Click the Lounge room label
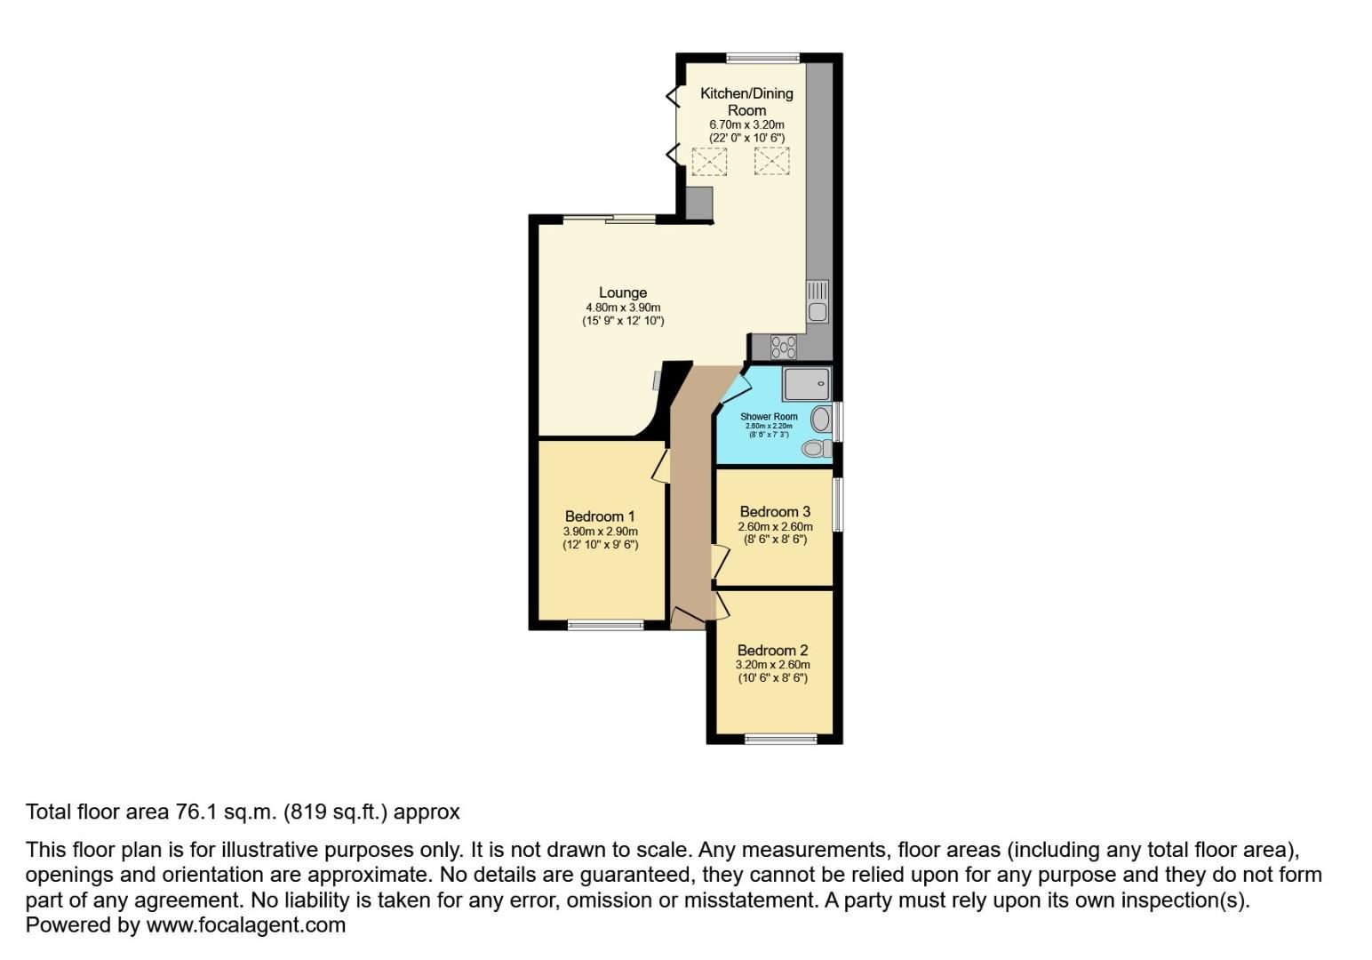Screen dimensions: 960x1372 pos(622,292)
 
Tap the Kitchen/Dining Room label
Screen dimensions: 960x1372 pos(746,101)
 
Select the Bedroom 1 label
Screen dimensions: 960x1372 pos(600,516)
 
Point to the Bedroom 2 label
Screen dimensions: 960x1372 pos(772,650)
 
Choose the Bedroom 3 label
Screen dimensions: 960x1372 pos(775,512)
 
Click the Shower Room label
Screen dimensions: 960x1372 pos(769,416)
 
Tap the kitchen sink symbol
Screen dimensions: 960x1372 pos(818,301)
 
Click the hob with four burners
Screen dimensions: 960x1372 pos(783,346)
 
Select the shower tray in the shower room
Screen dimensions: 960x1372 pos(806,384)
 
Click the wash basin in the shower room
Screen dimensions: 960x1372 pos(822,419)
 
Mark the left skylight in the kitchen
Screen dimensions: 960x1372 pos(709,162)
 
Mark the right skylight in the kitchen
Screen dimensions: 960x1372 pos(771,161)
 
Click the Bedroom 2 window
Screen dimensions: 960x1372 pos(780,738)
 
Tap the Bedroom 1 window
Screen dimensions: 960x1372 pos(605,625)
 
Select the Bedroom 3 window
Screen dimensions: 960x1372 pos(837,505)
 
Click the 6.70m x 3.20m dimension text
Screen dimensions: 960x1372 pos(746,125)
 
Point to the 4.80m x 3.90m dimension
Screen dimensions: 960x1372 pos(622,308)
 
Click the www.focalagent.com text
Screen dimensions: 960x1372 pos(245,925)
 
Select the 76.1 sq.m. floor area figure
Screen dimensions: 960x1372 pos(226,812)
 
